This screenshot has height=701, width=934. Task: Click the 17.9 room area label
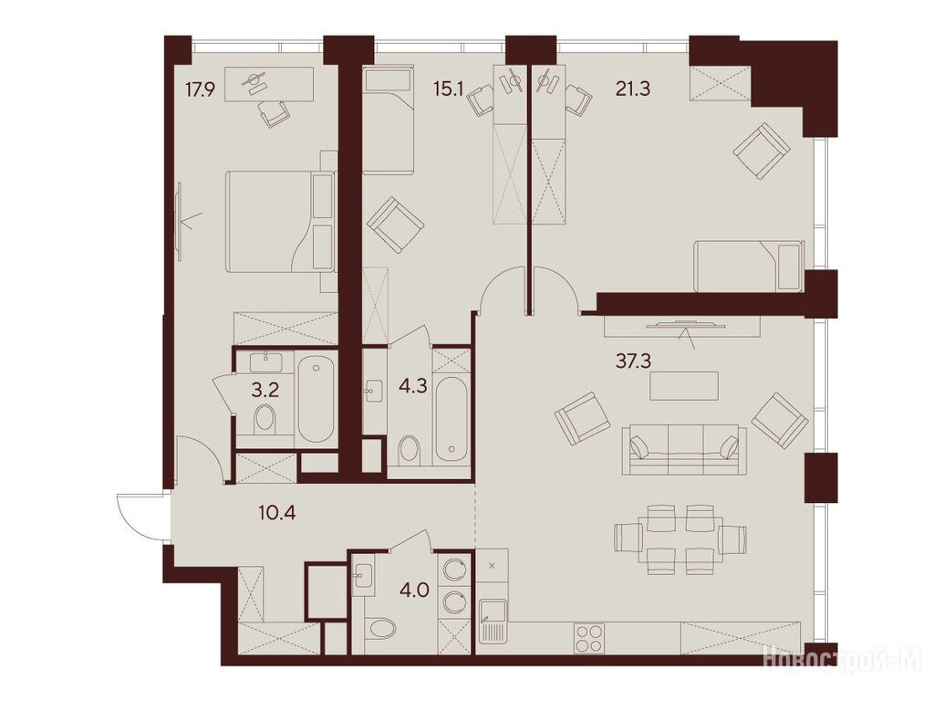coord(200,90)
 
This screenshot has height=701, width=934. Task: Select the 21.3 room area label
coord(633,89)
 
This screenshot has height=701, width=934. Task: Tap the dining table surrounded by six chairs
coord(679,539)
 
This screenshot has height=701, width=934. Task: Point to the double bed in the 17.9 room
coord(280,222)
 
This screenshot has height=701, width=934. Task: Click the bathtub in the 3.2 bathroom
coord(316,399)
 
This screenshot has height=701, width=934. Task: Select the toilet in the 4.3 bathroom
coord(410,450)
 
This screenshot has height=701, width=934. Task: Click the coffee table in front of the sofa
coord(684,386)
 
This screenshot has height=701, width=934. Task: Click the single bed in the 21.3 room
coord(749,266)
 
